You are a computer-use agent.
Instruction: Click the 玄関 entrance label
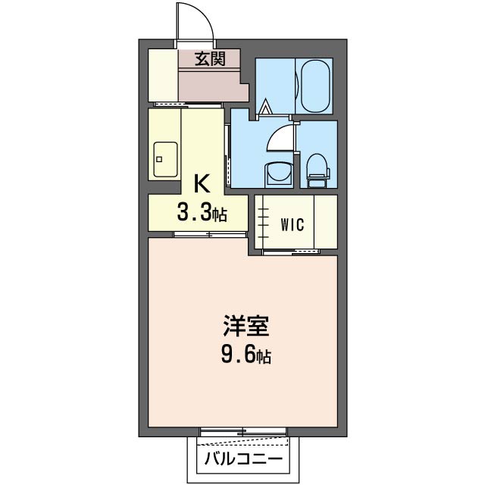tap(210, 58)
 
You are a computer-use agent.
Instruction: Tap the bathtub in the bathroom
tap(315, 86)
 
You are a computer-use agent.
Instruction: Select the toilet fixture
tap(318, 171)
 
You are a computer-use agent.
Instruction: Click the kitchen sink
tap(165, 159)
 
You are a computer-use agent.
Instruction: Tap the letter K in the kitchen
tap(202, 183)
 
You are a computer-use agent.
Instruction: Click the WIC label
tap(293, 224)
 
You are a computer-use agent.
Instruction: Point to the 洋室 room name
tap(246, 326)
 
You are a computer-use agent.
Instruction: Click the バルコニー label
tap(243, 458)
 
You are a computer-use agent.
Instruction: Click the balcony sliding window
tap(243, 432)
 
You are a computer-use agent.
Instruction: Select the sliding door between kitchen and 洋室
tap(211, 234)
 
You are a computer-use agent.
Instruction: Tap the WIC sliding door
tap(291, 252)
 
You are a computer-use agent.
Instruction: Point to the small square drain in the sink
tap(159, 159)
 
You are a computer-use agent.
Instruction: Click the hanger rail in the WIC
tap(263, 222)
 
